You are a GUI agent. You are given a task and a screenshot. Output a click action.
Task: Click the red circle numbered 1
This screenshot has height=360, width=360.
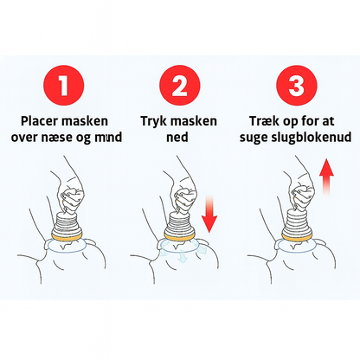[64, 86]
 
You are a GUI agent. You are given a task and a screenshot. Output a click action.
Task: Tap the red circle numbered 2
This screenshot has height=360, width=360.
[180, 86]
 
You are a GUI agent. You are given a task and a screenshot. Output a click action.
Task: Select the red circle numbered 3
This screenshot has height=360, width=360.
[297, 86]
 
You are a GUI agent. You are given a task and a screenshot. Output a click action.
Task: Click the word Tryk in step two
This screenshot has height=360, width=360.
[152, 122]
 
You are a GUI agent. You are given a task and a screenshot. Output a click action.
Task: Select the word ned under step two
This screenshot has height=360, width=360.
[177, 138]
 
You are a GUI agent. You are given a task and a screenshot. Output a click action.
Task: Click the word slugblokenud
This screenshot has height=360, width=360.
[311, 138]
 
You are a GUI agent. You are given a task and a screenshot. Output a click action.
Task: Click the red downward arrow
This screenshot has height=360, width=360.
[209, 214]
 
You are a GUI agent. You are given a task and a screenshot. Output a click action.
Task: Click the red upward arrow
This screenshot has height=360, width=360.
[326, 177]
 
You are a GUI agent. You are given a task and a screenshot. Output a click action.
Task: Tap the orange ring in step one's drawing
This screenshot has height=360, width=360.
[67, 237]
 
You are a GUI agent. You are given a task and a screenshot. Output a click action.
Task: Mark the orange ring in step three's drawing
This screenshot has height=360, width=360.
[297, 237]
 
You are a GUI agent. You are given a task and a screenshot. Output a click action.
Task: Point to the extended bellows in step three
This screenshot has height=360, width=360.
[297, 222]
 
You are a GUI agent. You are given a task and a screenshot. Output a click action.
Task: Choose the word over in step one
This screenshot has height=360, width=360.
[24, 138]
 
